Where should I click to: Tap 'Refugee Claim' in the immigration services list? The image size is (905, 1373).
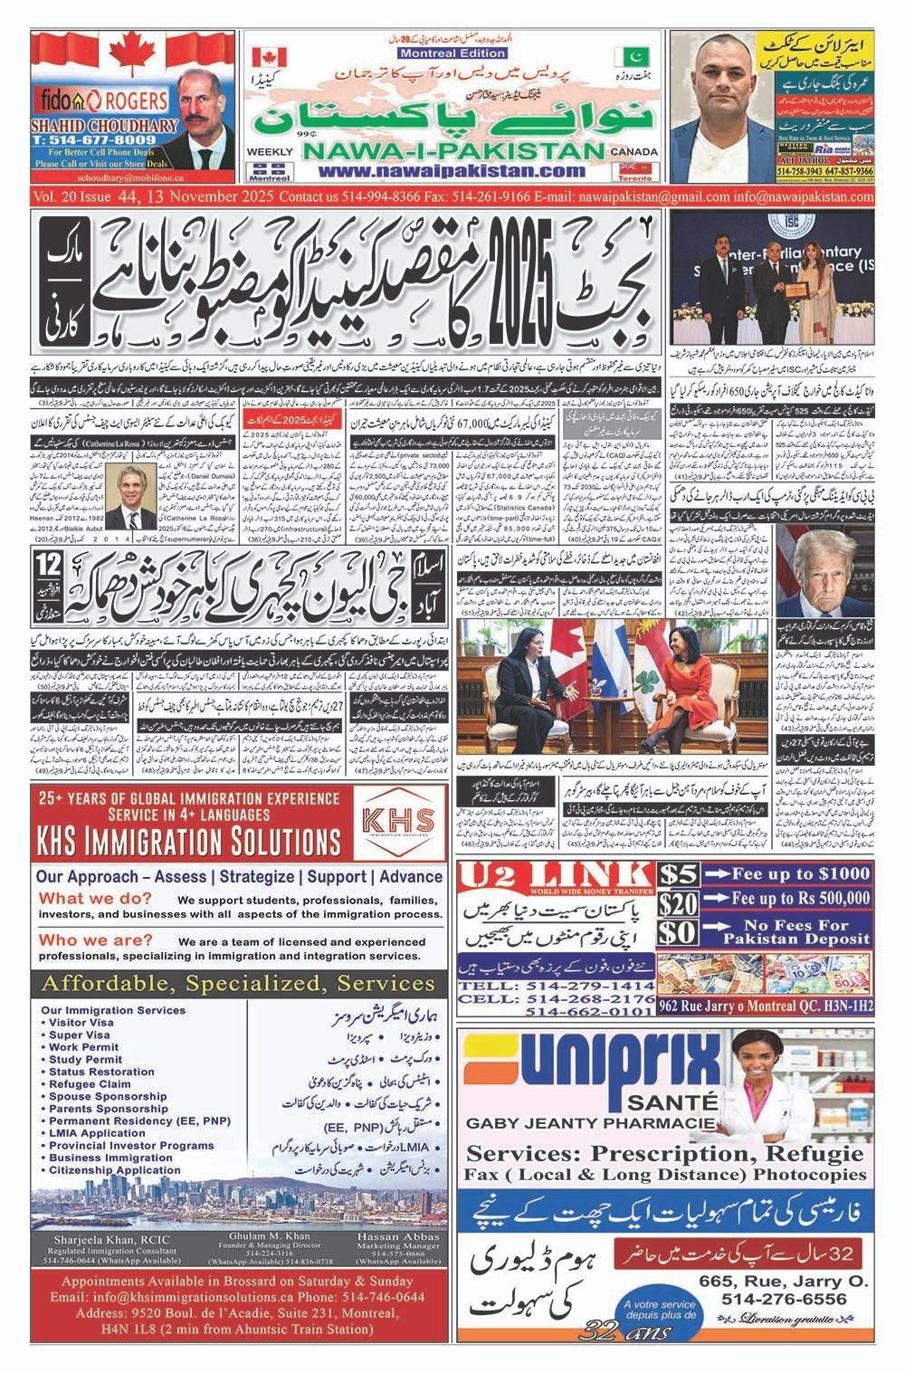click(90, 1083)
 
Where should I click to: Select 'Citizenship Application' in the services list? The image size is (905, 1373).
click(115, 1170)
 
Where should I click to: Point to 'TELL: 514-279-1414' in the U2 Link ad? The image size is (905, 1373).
click(570, 985)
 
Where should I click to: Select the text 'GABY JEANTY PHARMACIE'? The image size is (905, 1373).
click(579, 1123)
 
